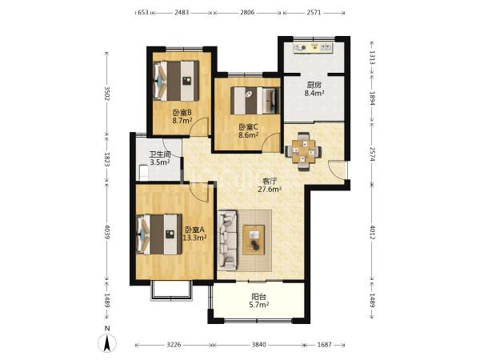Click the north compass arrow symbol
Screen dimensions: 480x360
(x=107, y=343)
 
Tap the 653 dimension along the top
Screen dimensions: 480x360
(x=143, y=13)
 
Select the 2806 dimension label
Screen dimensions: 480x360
(x=247, y=13)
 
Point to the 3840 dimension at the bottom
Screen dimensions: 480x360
(x=258, y=345)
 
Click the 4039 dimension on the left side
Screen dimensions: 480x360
(x=107, y=232)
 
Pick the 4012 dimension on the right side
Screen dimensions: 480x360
(x=372, y=233)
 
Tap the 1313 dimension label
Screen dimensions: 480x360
(x=372, y=58)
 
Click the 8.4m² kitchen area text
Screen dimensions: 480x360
(x=314, y=94)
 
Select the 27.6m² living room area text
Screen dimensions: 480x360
(x=270, y=190)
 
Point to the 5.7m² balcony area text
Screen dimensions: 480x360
(x=259, y=305)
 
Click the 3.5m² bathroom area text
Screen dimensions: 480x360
(x=160, y=162)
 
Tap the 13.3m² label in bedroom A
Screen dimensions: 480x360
(x=194, y=238)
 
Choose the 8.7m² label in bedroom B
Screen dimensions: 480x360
(x=182, y=120)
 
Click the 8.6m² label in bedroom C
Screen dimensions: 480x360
(x=249, y=134)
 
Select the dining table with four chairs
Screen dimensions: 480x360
(x=303, y=151)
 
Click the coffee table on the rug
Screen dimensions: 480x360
(x=254, y=240)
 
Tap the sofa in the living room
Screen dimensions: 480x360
(x=228, y=240)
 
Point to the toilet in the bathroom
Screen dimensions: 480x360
(x=143, y=173)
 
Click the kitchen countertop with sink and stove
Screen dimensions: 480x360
(x=313, y=48)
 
